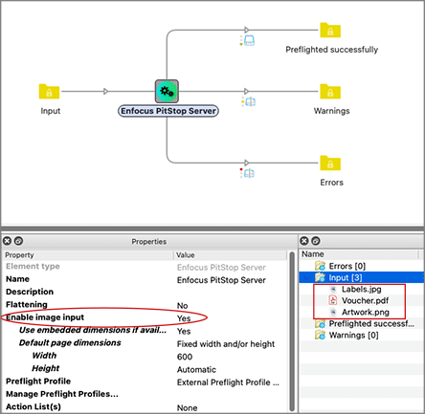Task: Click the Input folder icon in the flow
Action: pyautogui.click(x=49, y=91)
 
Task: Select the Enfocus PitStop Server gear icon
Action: pyautogui.click(x=167, y=91)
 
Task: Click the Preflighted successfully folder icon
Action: pyautogui.click(x=330, y=30)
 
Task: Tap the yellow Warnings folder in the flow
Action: pyautogui.click(x=330, y=92)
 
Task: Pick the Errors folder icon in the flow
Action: pyautogui.click(x=330, y=163)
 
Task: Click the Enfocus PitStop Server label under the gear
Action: pyautogui.click(x=168, y=111)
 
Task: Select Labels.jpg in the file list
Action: pyautogui.click(x=361, y=289)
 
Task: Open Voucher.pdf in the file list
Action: pyautogui.click(x=365, y=300)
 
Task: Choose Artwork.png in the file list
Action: pyautogui.click(x=366, y=312)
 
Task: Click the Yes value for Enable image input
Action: pyautogui.click(x=184, y=318)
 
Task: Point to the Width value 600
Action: pyautogui.click(x=185, y=357)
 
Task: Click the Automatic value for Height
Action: pyautogui.click(x=196, y=369)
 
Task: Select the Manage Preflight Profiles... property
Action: pyautogui.click(x=62, y=394)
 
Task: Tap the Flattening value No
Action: pyautogui.click(x=182, y=305)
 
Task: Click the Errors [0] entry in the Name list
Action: pyautogui.click(x=347, y=266)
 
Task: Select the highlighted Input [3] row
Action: pyautogui.click(x=362, y=277)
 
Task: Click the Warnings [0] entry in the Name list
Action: pyautogui.click(x=353, y=335)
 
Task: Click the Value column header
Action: pyautogui.click(x=186, y=255)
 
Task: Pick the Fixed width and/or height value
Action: pyautogui.click(x=226, y=344)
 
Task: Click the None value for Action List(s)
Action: pyautogui.click(x=187, y=407)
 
